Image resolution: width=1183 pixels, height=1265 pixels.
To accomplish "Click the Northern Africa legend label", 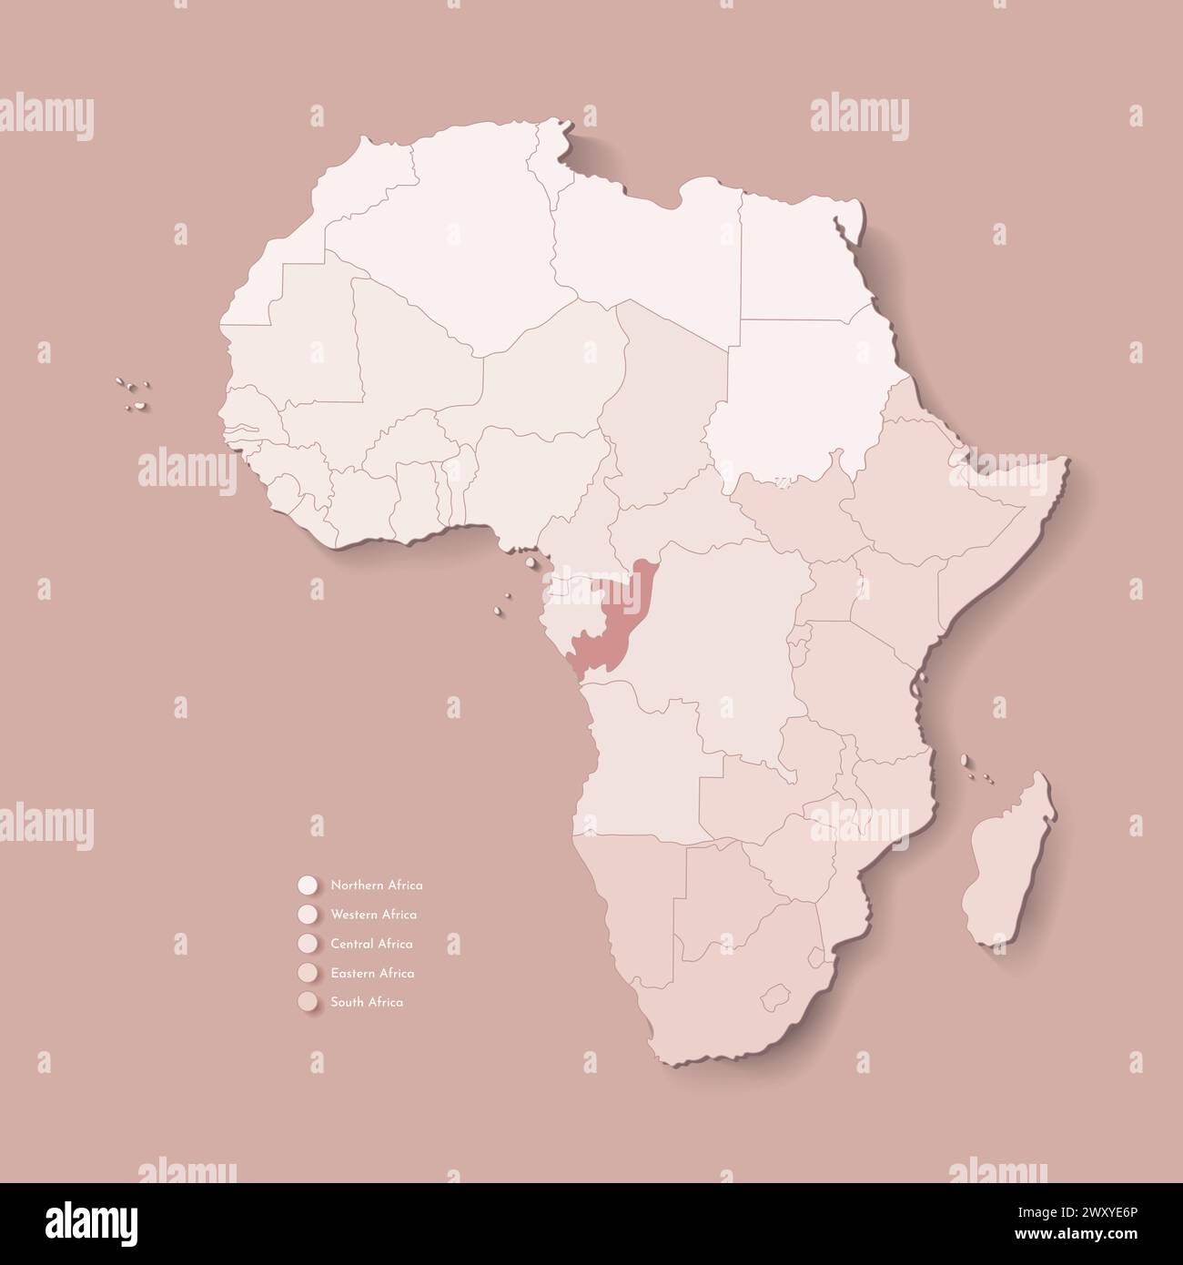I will pyautogui.click(x=377, y=885).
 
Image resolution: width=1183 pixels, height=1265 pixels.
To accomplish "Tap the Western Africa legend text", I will pyautogui.click(x=374, y=914).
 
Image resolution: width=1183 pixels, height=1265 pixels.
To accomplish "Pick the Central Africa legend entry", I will pyautogui.click(x=372, y=944).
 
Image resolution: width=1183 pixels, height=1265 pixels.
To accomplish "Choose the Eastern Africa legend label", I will pyautogui.click(x=373, y=973).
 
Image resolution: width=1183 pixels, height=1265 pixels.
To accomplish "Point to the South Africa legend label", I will pyautogui.click(x=367, y=1002).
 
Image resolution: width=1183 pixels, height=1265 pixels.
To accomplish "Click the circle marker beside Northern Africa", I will pyautogui.click(x=306, y=885).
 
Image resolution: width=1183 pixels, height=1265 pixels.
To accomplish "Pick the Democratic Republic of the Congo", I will pyautogui.click(x=728, y=655).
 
